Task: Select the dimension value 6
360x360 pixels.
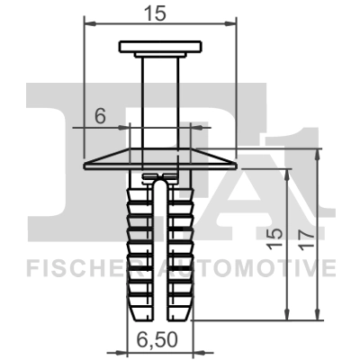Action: (x=100, y=115)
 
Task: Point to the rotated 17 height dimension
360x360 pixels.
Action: (x=306, y=235)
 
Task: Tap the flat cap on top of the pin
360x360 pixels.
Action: (x=159, y=47)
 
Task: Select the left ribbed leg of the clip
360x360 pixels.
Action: (x=139, y=243)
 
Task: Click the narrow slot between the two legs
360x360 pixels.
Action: (x=159, y=252)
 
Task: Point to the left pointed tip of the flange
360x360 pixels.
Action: (x=86, y=166)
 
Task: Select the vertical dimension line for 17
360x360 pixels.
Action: (x=318, y=234)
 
